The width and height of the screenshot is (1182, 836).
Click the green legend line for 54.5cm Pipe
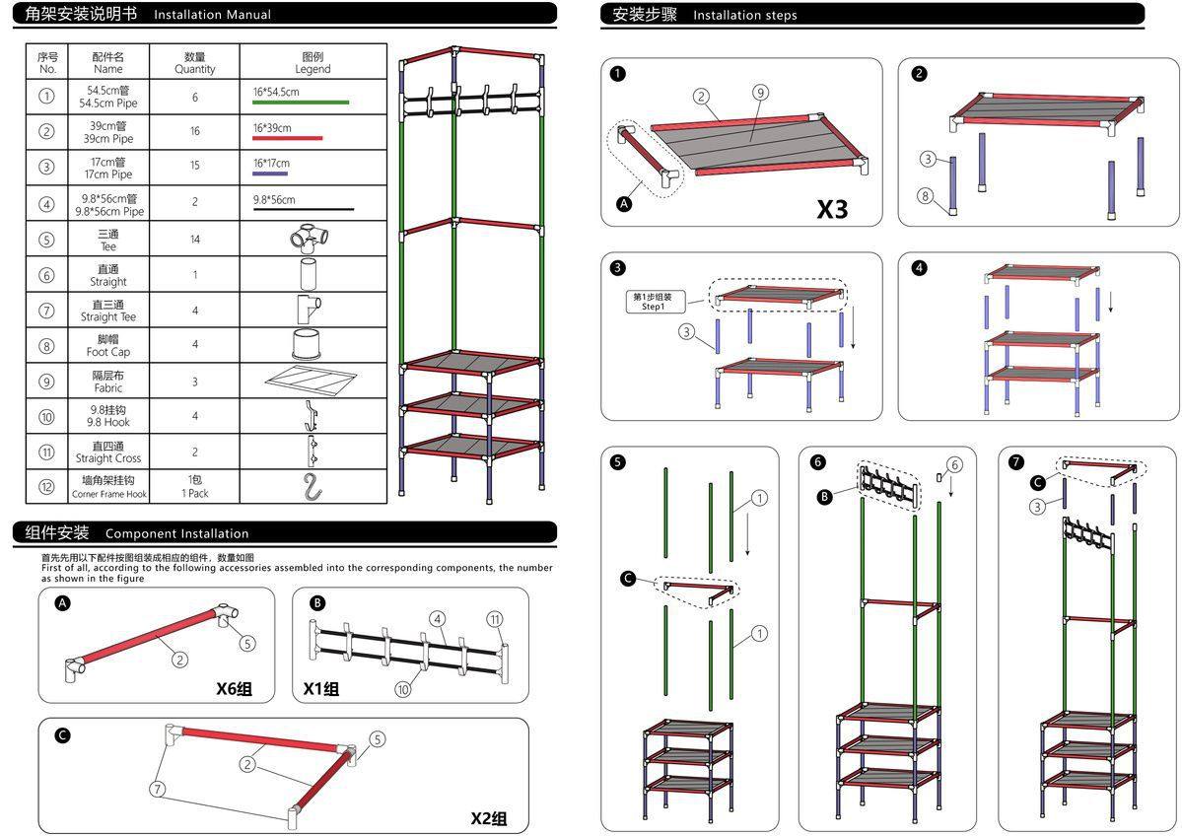pos(301,102)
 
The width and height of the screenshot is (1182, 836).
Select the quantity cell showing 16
pos(194,131)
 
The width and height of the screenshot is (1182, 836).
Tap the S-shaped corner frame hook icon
pos(313,486)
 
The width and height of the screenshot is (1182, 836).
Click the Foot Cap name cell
pos(108,346)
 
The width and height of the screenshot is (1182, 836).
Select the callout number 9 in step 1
pos(761,93)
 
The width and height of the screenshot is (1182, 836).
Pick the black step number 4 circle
pos(920,268)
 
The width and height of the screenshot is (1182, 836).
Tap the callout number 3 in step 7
pos(1036,507)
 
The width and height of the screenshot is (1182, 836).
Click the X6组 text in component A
pos(234,688)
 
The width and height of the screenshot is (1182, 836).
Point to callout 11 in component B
pos(495,619)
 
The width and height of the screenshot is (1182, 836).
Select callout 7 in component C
pos(158,788)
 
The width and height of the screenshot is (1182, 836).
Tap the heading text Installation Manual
pos(212,15)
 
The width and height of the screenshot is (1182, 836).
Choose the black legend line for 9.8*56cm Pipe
pos(303,209)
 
